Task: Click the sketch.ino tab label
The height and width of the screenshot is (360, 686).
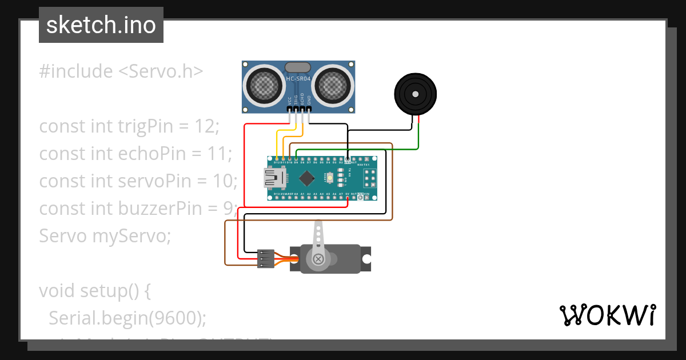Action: coord(101,25)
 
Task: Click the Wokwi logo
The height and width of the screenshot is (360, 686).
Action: coord(607,315)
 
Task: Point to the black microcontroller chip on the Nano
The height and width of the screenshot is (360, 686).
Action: coord(307,179)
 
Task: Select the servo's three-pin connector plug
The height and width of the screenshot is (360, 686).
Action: coord(265,258)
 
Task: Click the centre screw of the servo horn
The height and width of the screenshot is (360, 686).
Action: coord(318,259)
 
